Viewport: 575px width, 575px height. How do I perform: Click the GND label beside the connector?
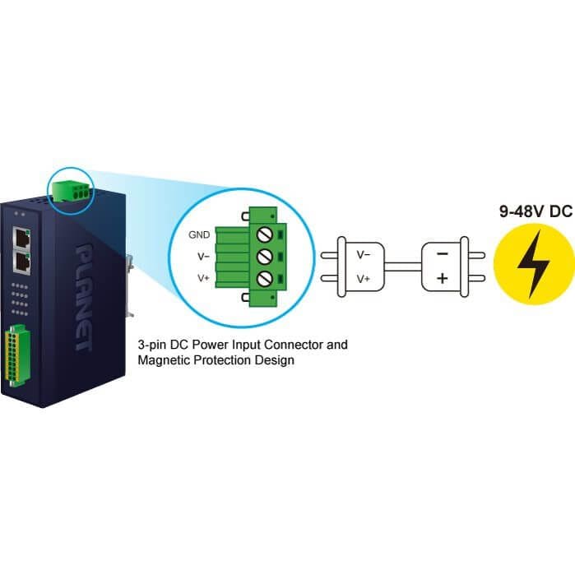(x=199, y=234)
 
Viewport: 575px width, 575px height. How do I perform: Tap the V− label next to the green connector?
(x=203, y=257)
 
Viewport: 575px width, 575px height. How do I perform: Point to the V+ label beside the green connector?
(x=203, y=278)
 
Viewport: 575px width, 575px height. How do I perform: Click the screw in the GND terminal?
(x=264, y=234)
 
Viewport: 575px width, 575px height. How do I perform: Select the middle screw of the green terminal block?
(x=264, y=257)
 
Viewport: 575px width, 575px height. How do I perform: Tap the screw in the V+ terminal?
(x=264, y=279)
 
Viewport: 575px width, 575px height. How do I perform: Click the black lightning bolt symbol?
(x=534, y=264)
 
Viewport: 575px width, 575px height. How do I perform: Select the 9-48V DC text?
(x=536, y=211)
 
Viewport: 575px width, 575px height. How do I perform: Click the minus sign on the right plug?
(x=443, y=253)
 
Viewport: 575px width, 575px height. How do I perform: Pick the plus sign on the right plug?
(x=443, y=278)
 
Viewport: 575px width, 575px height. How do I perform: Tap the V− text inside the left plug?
(x=364, y=254)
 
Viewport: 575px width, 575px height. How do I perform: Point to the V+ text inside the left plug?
(x=364, y=279)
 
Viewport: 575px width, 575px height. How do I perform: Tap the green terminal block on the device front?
(x=16, y=355)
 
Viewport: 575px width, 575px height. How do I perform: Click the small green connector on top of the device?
(x=71, y=191)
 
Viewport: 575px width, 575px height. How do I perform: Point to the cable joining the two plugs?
(x=403, y=267)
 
